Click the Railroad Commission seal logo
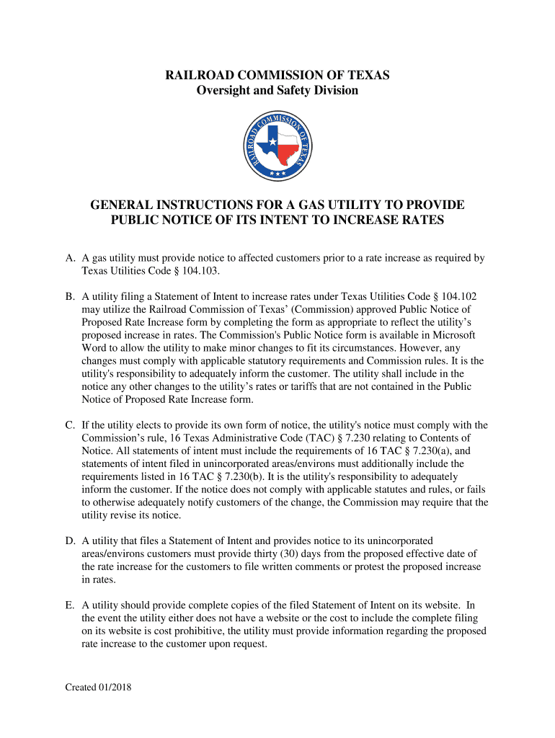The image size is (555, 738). [x=277, y=147]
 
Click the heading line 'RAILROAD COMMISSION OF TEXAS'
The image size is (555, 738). [x=277, y=75]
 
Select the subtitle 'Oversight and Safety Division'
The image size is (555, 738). [x=277, y=90]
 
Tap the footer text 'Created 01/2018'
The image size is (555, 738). [x=98, y=688]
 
